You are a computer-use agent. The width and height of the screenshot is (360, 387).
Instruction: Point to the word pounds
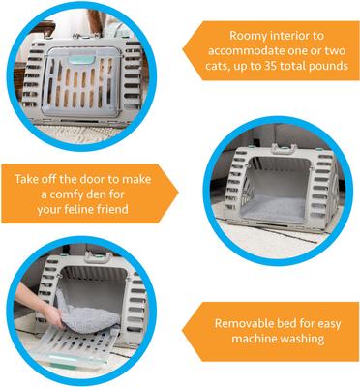click(324, 67)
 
